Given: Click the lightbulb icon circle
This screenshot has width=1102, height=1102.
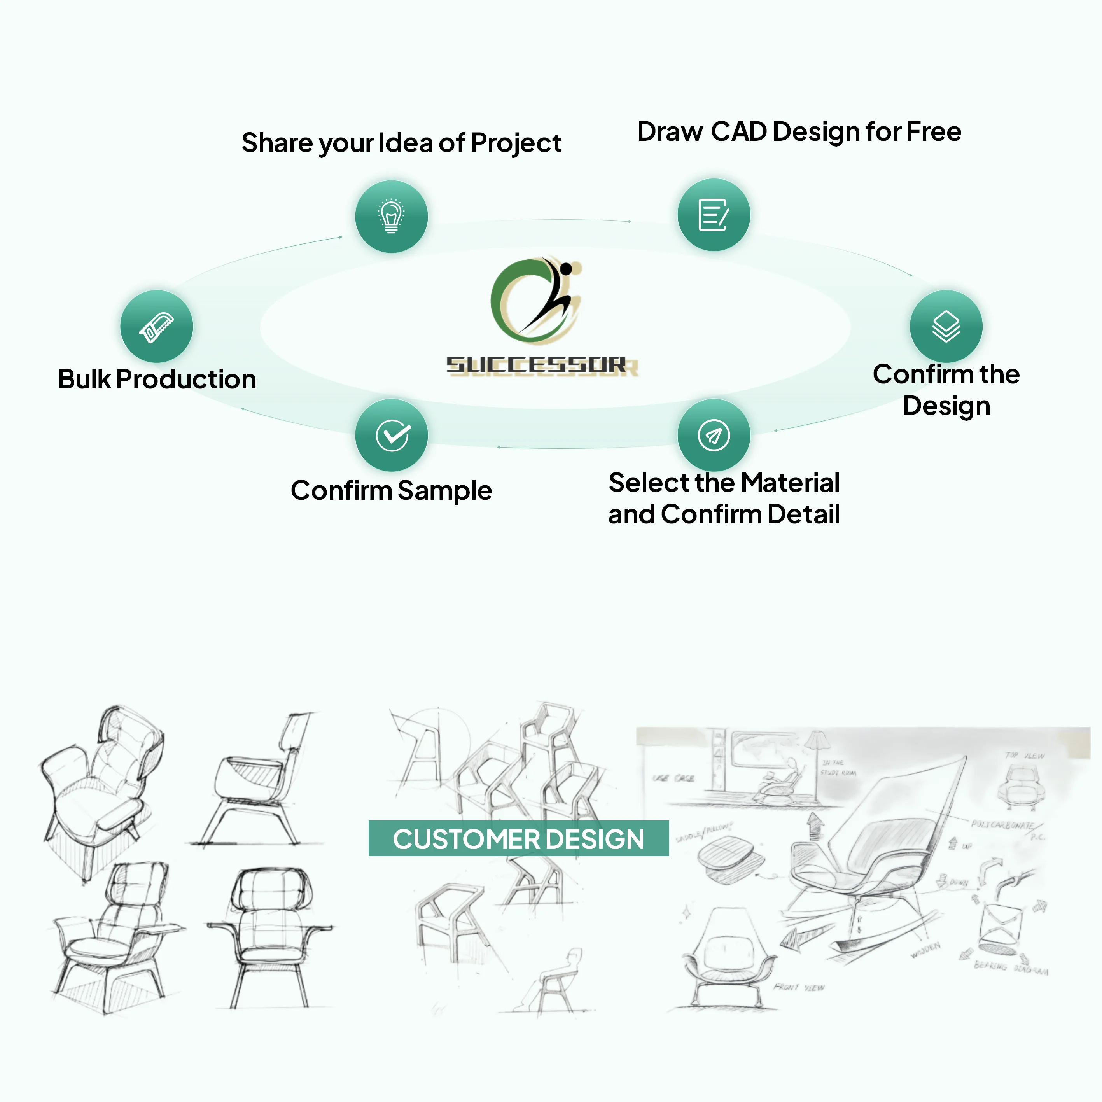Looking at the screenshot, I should coord(391,217).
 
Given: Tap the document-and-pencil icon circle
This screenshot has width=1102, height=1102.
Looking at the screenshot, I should coord(714,215).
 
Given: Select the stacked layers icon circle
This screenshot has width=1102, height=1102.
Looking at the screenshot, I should coord(946,326).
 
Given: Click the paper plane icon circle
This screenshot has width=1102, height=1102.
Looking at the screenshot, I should coord(714,435).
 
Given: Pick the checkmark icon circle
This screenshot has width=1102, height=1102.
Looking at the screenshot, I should coord(391,435).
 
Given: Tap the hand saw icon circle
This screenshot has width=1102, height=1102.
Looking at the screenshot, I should coord(156,326).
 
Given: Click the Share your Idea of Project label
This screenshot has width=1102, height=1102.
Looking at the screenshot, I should coord(402,143).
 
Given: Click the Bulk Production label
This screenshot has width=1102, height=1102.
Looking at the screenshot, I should coord(157,379).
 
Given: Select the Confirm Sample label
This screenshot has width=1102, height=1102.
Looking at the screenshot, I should coord(391,491).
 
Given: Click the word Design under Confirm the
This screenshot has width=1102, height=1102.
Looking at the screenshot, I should coord(946,406).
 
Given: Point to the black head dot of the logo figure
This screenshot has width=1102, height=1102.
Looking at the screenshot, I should coord(566,268).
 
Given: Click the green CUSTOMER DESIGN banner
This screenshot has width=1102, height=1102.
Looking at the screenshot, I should coord(518,838).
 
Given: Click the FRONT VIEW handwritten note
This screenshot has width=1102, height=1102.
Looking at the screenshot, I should coord(799,987).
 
